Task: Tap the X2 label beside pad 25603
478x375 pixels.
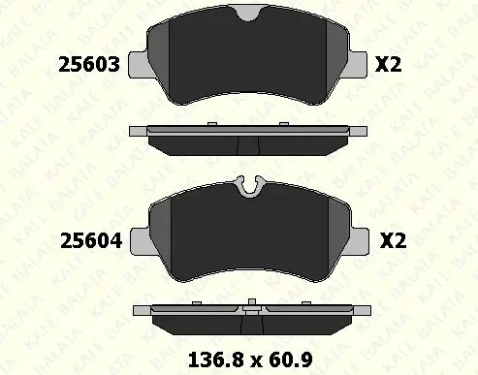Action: point(388,65)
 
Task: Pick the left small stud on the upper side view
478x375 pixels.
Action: point(211,124)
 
